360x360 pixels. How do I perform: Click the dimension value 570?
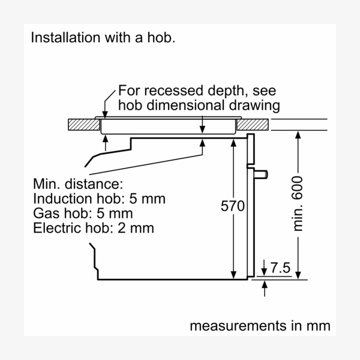coord(233,206)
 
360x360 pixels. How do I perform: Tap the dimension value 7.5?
coord(280,268)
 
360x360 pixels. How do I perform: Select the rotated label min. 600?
coord(298,204)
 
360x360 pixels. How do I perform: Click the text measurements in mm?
coord(260,326)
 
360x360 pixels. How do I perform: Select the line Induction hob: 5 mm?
coord(99,198)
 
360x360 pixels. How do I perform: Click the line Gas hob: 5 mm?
coord(83,213)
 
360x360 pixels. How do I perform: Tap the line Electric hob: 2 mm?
coord(94,228)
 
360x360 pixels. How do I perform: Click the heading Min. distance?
coord(78,183)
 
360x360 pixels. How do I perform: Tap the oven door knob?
coord(262,175)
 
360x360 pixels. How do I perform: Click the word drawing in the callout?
coord(259,106)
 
